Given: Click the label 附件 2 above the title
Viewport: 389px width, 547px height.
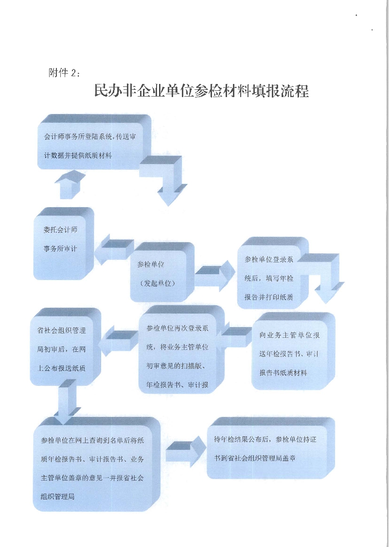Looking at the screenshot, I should click(64, 73).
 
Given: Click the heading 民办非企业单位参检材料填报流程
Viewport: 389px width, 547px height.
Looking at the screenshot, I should click(201, 91).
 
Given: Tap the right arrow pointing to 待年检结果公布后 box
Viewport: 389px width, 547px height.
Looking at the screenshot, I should click(185, 449).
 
